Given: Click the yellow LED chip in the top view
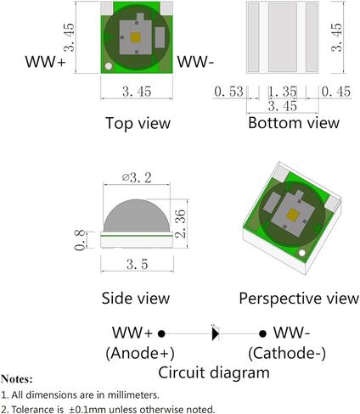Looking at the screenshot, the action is [136, 38].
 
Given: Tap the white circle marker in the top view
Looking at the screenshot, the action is [109, 66].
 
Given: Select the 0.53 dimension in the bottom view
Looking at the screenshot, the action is [228, 92].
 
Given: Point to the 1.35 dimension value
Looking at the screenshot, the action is [283, 92].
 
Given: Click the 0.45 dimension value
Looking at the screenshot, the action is [336, 92].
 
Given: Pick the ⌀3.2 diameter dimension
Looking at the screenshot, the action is [137, 178].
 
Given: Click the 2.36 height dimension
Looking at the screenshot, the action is [180, 223].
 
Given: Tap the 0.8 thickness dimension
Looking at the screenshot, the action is [80, 240].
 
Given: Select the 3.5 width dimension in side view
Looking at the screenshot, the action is [138, 265].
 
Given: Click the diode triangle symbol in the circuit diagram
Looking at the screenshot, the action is [216, 334].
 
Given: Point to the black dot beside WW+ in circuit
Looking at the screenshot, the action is [161, 334].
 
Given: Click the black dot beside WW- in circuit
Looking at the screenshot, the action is [262, 334].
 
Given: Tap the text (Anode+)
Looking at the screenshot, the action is [140, 353].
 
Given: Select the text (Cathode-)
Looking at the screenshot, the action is [287, 353].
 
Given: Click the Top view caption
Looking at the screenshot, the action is [138, 123].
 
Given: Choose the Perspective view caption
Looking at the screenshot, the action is [299, 299].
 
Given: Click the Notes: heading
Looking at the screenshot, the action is [17, 379].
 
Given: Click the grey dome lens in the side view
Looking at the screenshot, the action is [137, 215].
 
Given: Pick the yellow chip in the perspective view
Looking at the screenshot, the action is [292, 215].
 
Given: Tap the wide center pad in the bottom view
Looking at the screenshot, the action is [283, 37].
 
